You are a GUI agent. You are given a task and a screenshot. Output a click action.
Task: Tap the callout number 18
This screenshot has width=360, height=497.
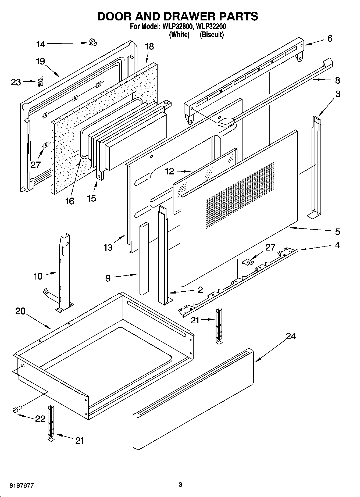point(149,47)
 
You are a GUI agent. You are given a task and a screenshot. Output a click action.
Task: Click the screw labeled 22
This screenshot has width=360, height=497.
point(16,410)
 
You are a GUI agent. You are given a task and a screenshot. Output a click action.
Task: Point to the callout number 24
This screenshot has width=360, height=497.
point(291,336)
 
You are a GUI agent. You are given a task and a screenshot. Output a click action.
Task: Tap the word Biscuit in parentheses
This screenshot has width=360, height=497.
point(212,35)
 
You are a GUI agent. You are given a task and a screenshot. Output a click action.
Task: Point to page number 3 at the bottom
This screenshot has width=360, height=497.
point(180,485)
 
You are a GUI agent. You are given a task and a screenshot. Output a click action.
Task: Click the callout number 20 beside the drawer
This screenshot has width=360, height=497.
point(20,311)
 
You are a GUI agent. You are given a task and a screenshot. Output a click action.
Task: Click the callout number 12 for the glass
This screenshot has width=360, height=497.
point(170,171)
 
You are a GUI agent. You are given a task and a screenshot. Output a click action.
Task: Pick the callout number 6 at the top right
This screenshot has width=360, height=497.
point(330,38)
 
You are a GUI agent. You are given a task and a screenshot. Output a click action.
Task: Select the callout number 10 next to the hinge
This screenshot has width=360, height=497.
point(38,276)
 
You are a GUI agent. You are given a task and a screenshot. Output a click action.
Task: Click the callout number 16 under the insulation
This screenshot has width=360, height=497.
point(70,201)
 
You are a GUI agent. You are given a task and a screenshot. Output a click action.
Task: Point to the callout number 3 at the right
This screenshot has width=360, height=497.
point(338,94)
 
